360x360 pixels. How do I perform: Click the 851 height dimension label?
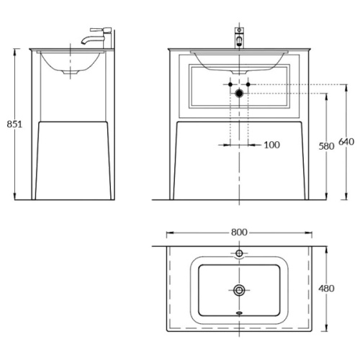[14, 124]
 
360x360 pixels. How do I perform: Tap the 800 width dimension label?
[239, 232]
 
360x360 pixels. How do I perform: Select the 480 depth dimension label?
[326, 288]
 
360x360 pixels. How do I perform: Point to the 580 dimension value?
[326, 146]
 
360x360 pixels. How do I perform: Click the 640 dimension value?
[346, 142]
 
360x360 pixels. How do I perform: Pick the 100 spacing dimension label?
[272, 145]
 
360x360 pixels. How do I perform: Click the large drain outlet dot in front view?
[239, 94]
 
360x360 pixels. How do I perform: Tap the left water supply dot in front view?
[230, 84]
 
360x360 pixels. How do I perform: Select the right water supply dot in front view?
[248, 84]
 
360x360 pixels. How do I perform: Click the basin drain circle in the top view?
[239, 290]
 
